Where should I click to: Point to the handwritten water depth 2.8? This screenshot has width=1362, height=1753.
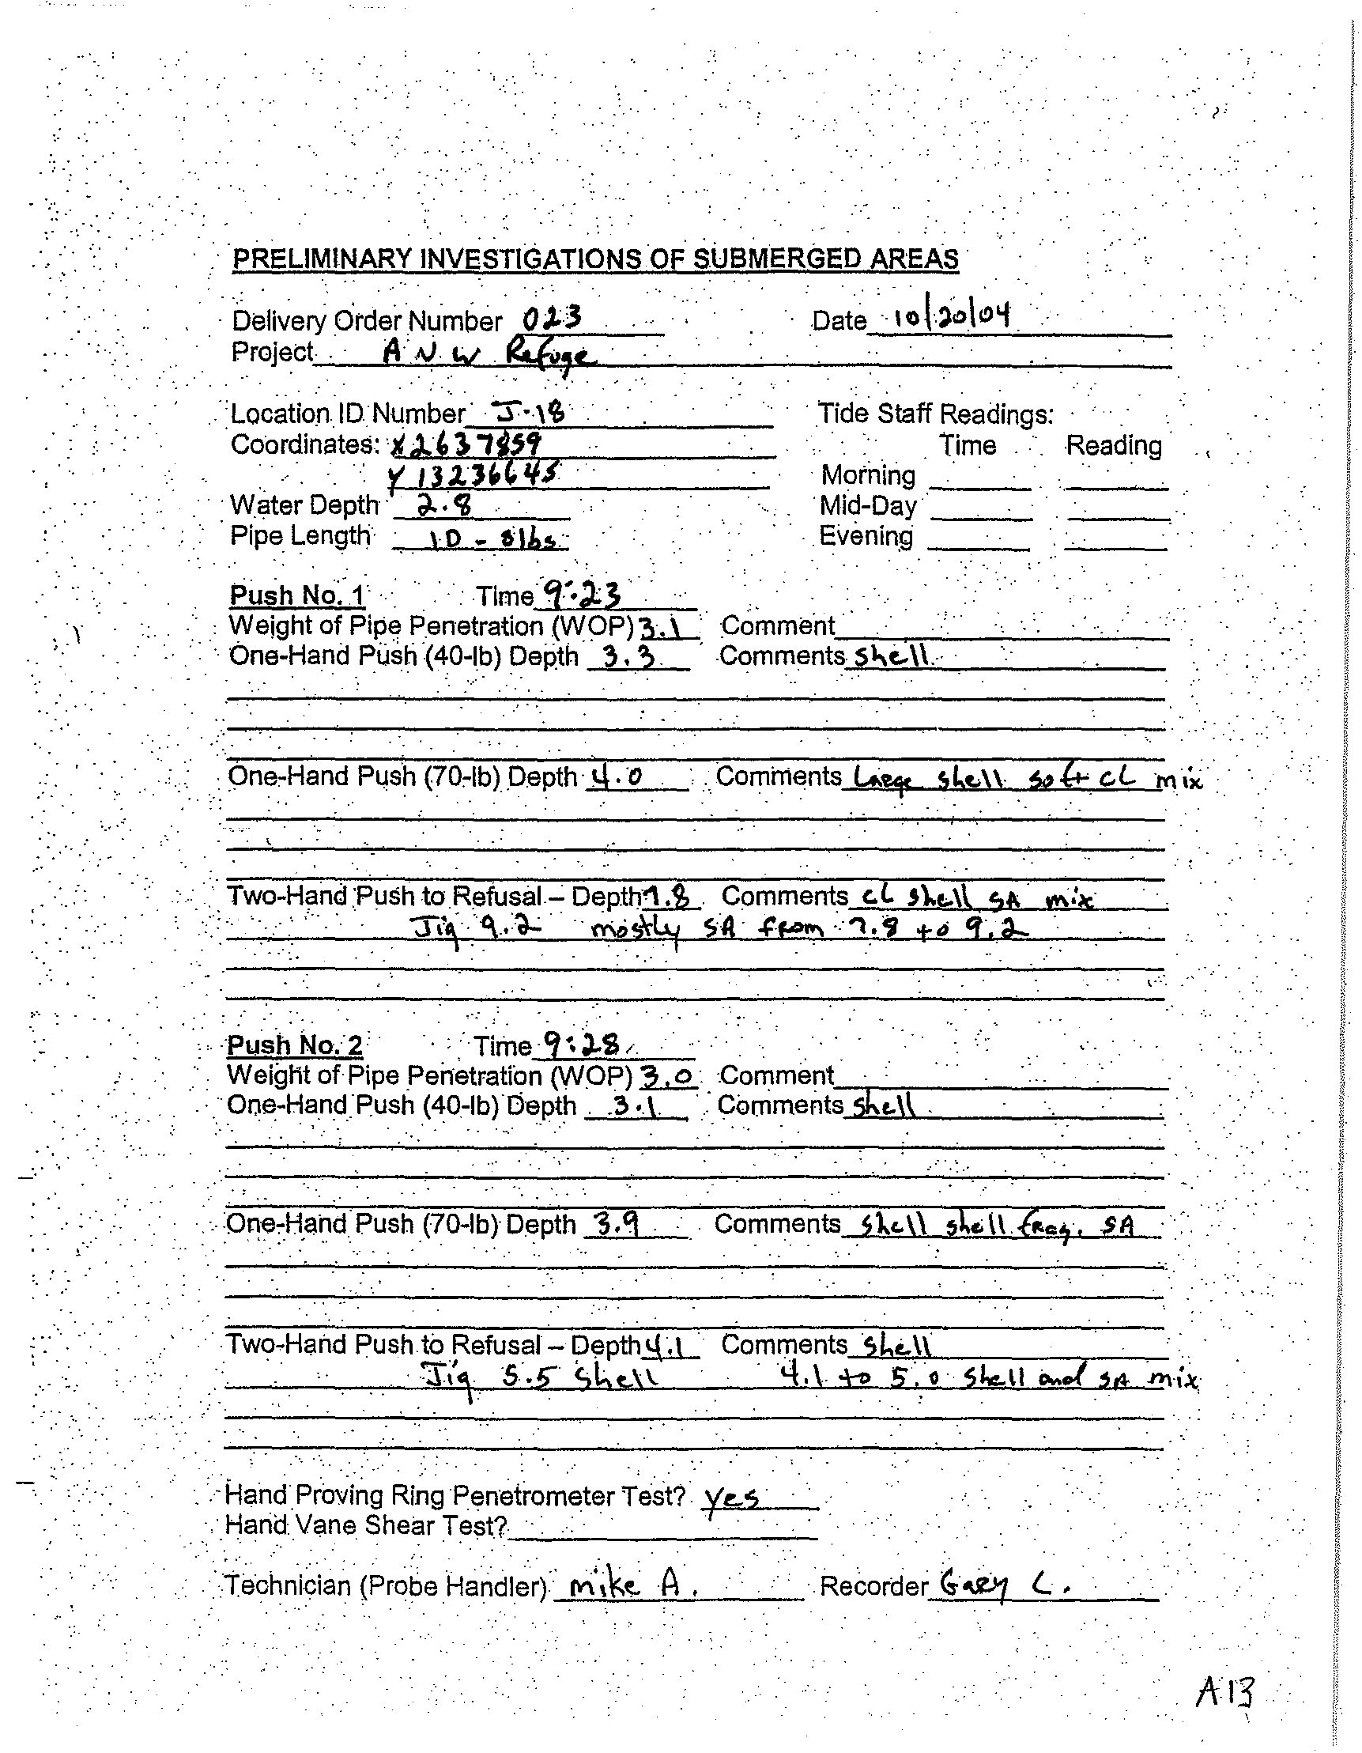447,505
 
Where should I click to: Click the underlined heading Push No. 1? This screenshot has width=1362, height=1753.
296,595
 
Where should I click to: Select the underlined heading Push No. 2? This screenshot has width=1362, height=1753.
295,1045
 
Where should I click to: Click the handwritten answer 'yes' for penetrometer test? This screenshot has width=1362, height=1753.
731,1497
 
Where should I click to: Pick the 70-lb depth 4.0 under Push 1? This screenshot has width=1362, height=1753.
617,776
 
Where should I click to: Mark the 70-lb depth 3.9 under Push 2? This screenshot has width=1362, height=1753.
613,1224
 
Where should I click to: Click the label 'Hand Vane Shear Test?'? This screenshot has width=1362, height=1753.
365,1526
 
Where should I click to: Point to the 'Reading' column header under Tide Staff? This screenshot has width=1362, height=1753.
1112,445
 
